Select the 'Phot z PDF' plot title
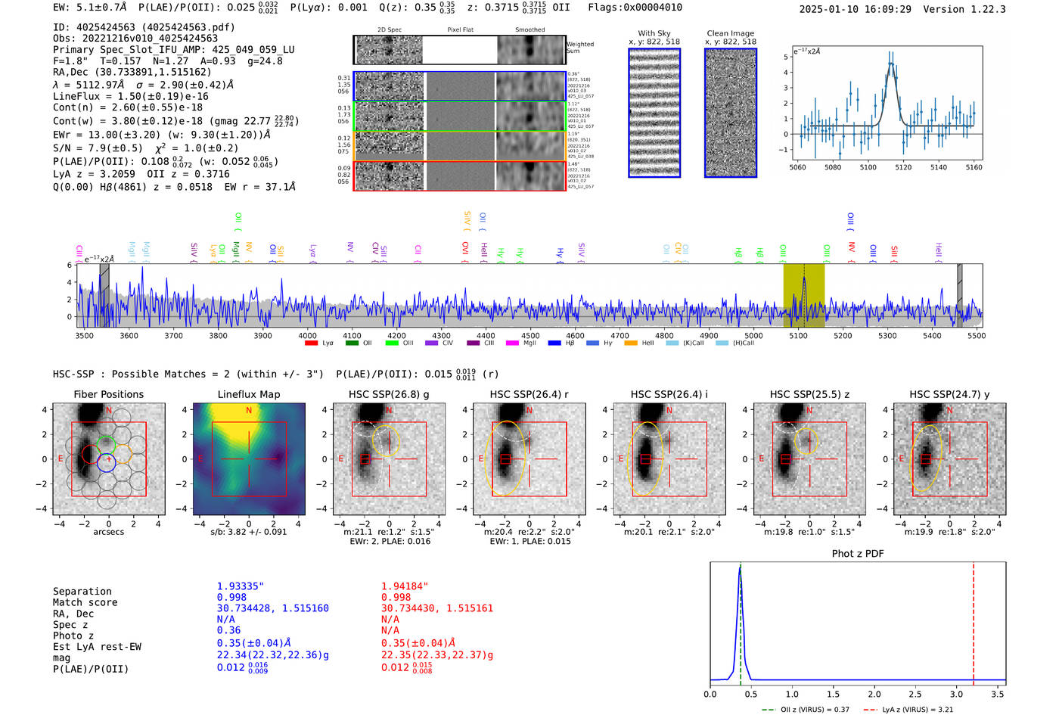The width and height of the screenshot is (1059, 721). click(858, 554)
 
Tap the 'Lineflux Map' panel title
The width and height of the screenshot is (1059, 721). click(249, 394)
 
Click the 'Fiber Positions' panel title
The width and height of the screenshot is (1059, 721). click(108, 394)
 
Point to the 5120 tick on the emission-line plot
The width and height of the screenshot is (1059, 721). click(903, 167)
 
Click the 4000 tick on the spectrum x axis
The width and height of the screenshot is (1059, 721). click(307, 335)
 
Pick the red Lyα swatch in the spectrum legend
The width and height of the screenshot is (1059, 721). click(311, 343)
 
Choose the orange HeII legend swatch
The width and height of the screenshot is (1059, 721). click(631, 343)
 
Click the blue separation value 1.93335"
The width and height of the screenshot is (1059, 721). click(240, 586)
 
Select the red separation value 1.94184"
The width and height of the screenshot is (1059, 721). click(404, 586)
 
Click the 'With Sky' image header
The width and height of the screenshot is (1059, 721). click(654, 33)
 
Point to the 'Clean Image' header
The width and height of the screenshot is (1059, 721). click(730, 33)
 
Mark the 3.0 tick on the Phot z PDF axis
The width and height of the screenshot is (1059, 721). click(956, 694)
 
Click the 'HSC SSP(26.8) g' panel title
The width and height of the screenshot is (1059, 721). click(389, 394)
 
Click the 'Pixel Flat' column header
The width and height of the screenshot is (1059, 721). click(460, 30)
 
